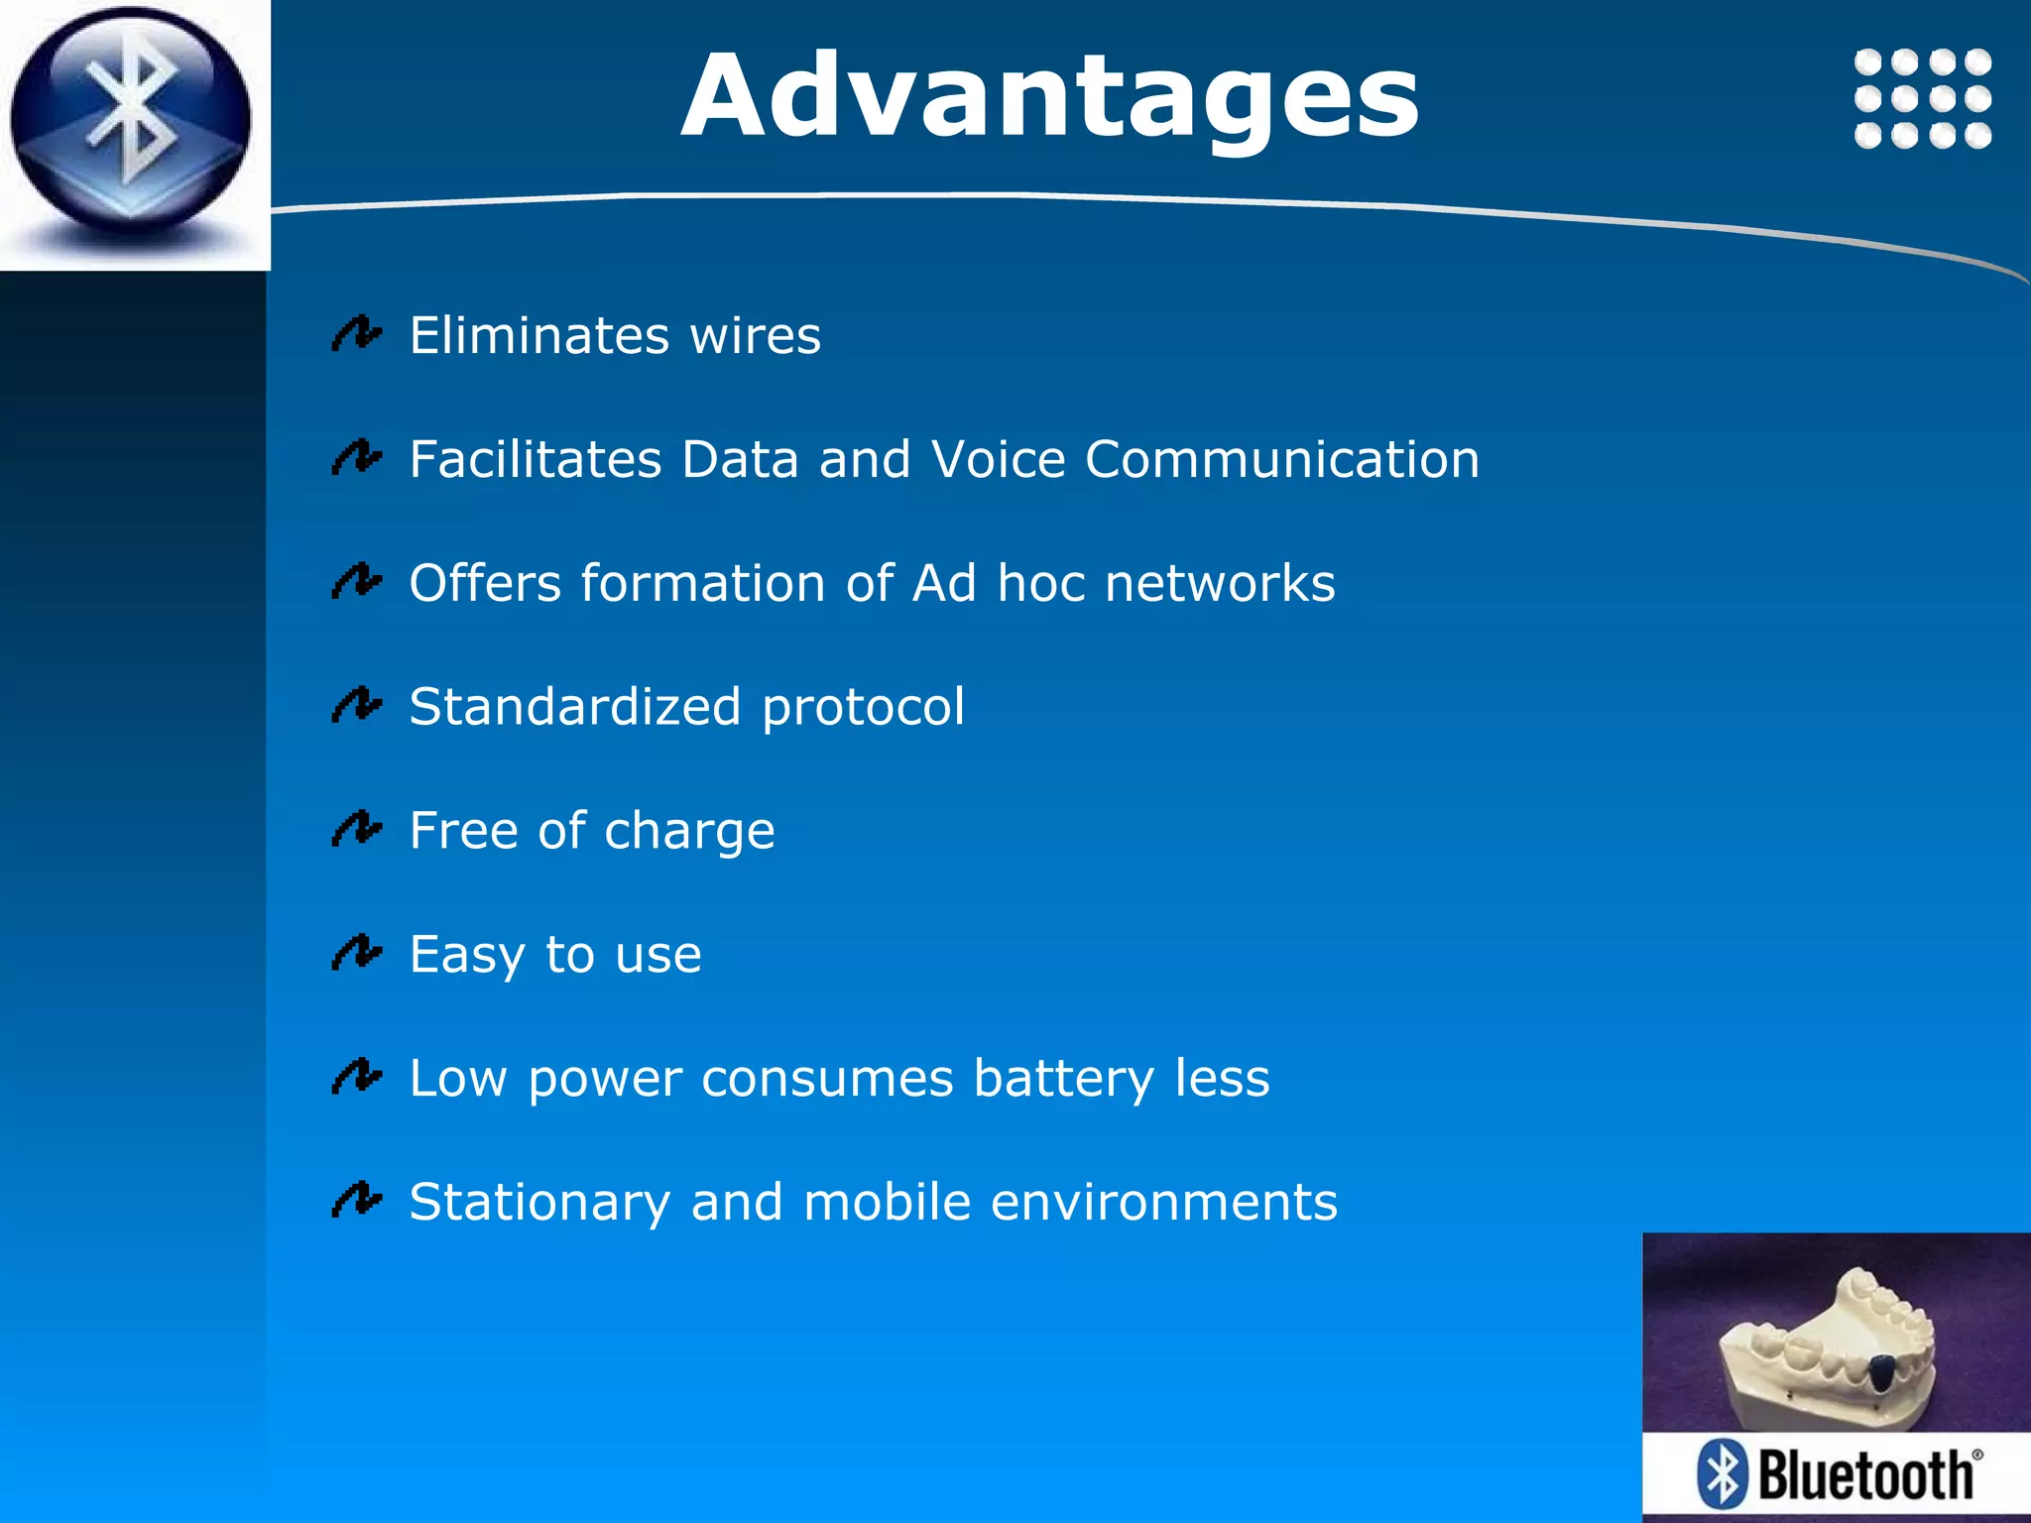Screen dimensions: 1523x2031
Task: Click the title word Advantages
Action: pos(1049,97)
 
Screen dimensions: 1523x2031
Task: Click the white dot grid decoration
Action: pos(1922,98)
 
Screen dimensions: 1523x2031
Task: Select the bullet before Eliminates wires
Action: pos(356,334)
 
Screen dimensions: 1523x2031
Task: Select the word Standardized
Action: pos(574,707)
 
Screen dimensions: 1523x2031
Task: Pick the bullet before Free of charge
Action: pos(356,829)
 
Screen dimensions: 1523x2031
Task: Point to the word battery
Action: pos(1063,1079)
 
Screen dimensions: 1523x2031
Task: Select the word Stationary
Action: pos(539,1203)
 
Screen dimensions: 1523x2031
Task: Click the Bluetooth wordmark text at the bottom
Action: pos(1866,1475)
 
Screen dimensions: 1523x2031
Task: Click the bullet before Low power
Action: pos(356,1077)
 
